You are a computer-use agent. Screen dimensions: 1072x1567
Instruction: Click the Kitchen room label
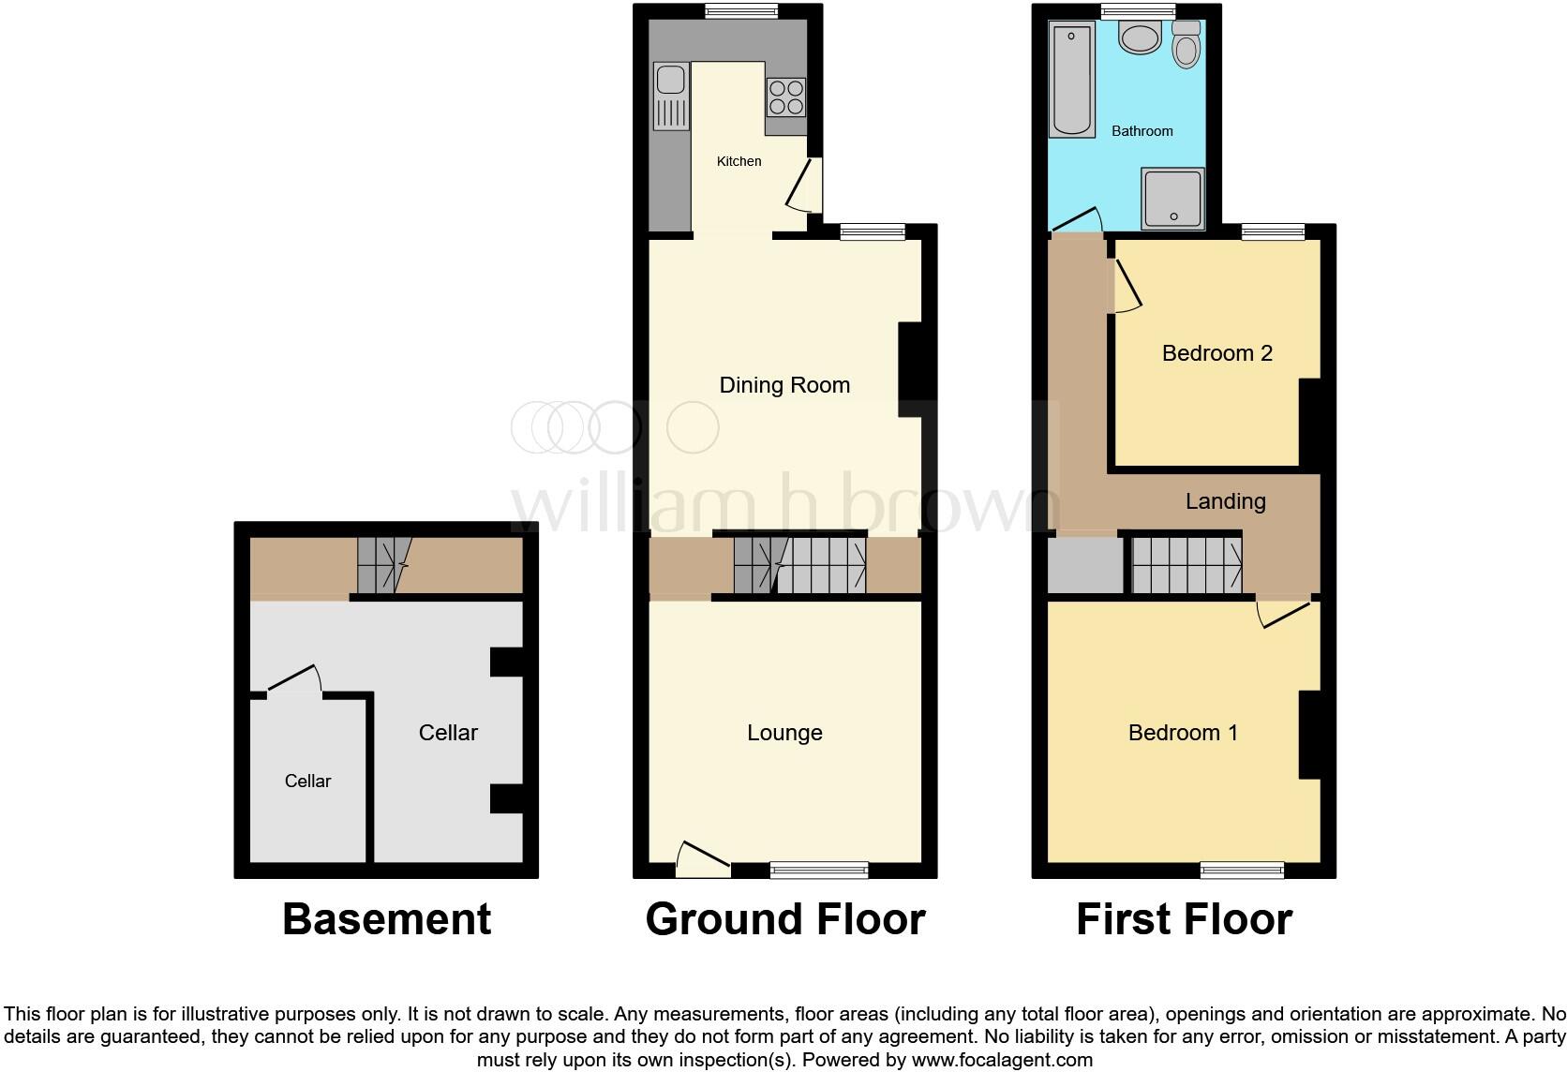[x=739, y=161]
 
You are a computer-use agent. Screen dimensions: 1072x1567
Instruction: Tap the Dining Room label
[x=784, y=385]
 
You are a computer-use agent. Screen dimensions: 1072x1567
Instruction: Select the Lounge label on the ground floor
[x=784, y=733]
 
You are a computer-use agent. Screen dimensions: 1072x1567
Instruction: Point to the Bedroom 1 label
[x=1183, y=733]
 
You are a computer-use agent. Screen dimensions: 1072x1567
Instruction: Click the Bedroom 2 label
[x=1216, y=353]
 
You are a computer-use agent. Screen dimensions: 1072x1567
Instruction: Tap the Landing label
[x=1225, y=501]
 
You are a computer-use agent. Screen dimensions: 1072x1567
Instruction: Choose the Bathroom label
[x=1142, y=131]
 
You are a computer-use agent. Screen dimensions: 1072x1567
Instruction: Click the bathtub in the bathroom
[x=1072, y=82]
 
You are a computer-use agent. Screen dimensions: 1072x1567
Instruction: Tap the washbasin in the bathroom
[x=1141, y=39]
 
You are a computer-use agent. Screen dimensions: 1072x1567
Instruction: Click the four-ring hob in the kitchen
[x=786, y=97]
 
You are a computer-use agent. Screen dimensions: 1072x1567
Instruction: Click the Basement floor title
[x=386, y=919]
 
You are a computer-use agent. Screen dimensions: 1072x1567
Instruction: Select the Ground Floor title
[x=785, y=919]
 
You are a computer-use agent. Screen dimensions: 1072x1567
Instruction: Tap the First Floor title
[x=1184, y=919]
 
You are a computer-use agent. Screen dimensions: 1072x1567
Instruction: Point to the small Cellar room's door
[x=294, y=681]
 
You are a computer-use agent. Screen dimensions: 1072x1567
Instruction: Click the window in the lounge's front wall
[x=819, y=871]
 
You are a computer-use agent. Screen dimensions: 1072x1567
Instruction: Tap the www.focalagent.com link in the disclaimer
[x=1001, y=1061]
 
